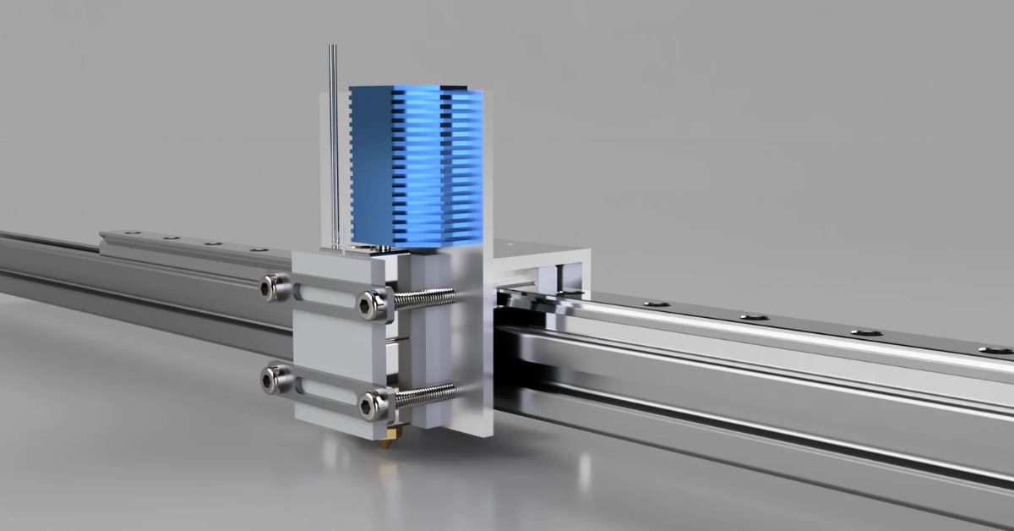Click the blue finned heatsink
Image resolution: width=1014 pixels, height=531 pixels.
[414, 165]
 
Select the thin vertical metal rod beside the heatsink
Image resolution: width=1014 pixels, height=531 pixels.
[335, 152]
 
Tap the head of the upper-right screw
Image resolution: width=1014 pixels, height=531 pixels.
[371, 304]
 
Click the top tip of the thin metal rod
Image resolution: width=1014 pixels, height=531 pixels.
[333, 49]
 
